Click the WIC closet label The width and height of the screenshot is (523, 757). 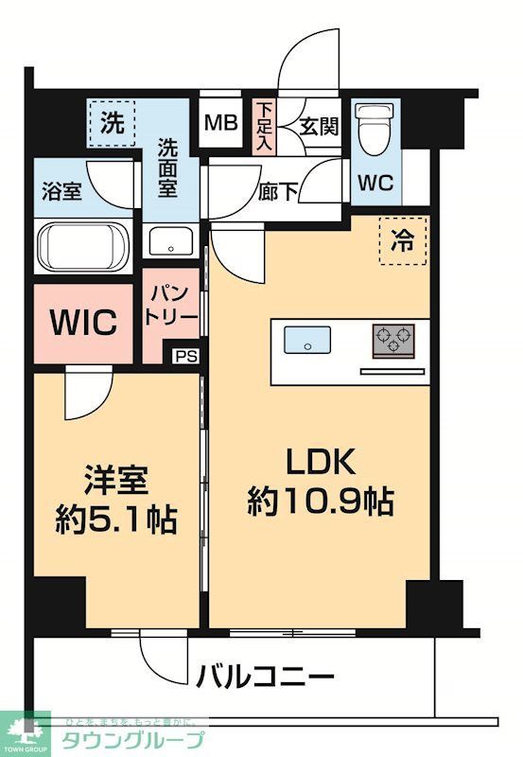click(x=84, y=322)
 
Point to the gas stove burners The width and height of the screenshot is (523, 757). click(x=393, y=338)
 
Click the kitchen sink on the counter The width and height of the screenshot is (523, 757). click(x=307, y=339)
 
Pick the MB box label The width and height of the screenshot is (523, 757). click(x=223, y=123)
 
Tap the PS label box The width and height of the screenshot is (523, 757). click(x=186, y=357)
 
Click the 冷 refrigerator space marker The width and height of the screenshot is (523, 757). click(x=404, y=239)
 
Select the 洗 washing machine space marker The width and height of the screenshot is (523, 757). click(x=113, y=122)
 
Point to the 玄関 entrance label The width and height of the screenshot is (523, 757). click(x=318, y=127)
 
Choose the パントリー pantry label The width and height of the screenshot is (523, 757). click(x=171, y=305)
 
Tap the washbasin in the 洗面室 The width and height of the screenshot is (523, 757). click(x=170, y=240)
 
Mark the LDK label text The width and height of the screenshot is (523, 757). click(x=320, y=463)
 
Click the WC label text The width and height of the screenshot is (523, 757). click(x=375, y=183)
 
